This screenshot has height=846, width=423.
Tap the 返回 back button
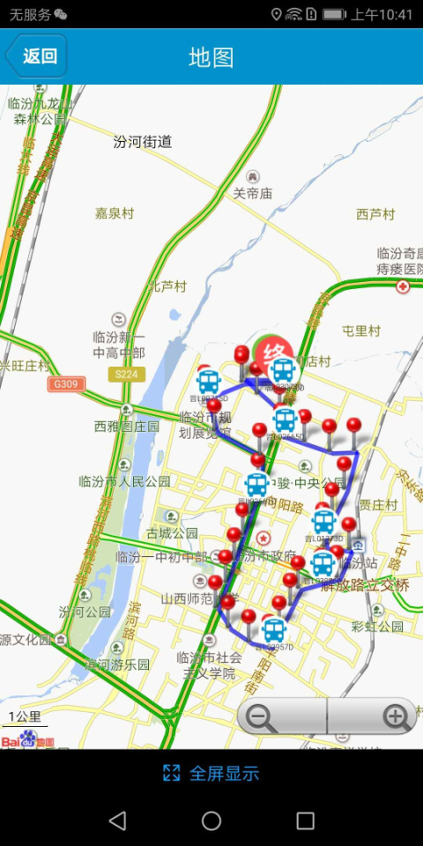click(x=36, y=56)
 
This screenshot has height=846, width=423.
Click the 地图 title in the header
click(x=211, y=57)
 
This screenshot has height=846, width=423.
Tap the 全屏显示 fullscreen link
click(x=211, y=774)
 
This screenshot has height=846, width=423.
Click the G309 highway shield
click(x=64, y=384)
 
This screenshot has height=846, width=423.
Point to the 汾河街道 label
click(x=143, y=141)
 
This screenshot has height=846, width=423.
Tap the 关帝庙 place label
click(x=253, y=193)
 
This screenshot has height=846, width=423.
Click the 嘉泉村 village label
click(x=115, y=213)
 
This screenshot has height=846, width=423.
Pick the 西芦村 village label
click(x=375, y=214)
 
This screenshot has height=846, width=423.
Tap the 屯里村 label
click(x=360, y=330)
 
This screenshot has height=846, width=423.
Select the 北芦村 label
click(x=167, y=286)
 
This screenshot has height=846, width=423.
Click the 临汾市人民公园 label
click(x=124, y=482)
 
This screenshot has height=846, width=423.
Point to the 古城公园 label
click(x=172, y=533)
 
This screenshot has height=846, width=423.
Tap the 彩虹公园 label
click(x=376, y=627)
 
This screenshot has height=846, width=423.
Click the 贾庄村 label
click(x=377, y=505)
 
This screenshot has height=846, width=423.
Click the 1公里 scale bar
click(x=24, y=717)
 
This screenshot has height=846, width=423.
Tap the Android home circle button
click(x=211, y=821)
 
